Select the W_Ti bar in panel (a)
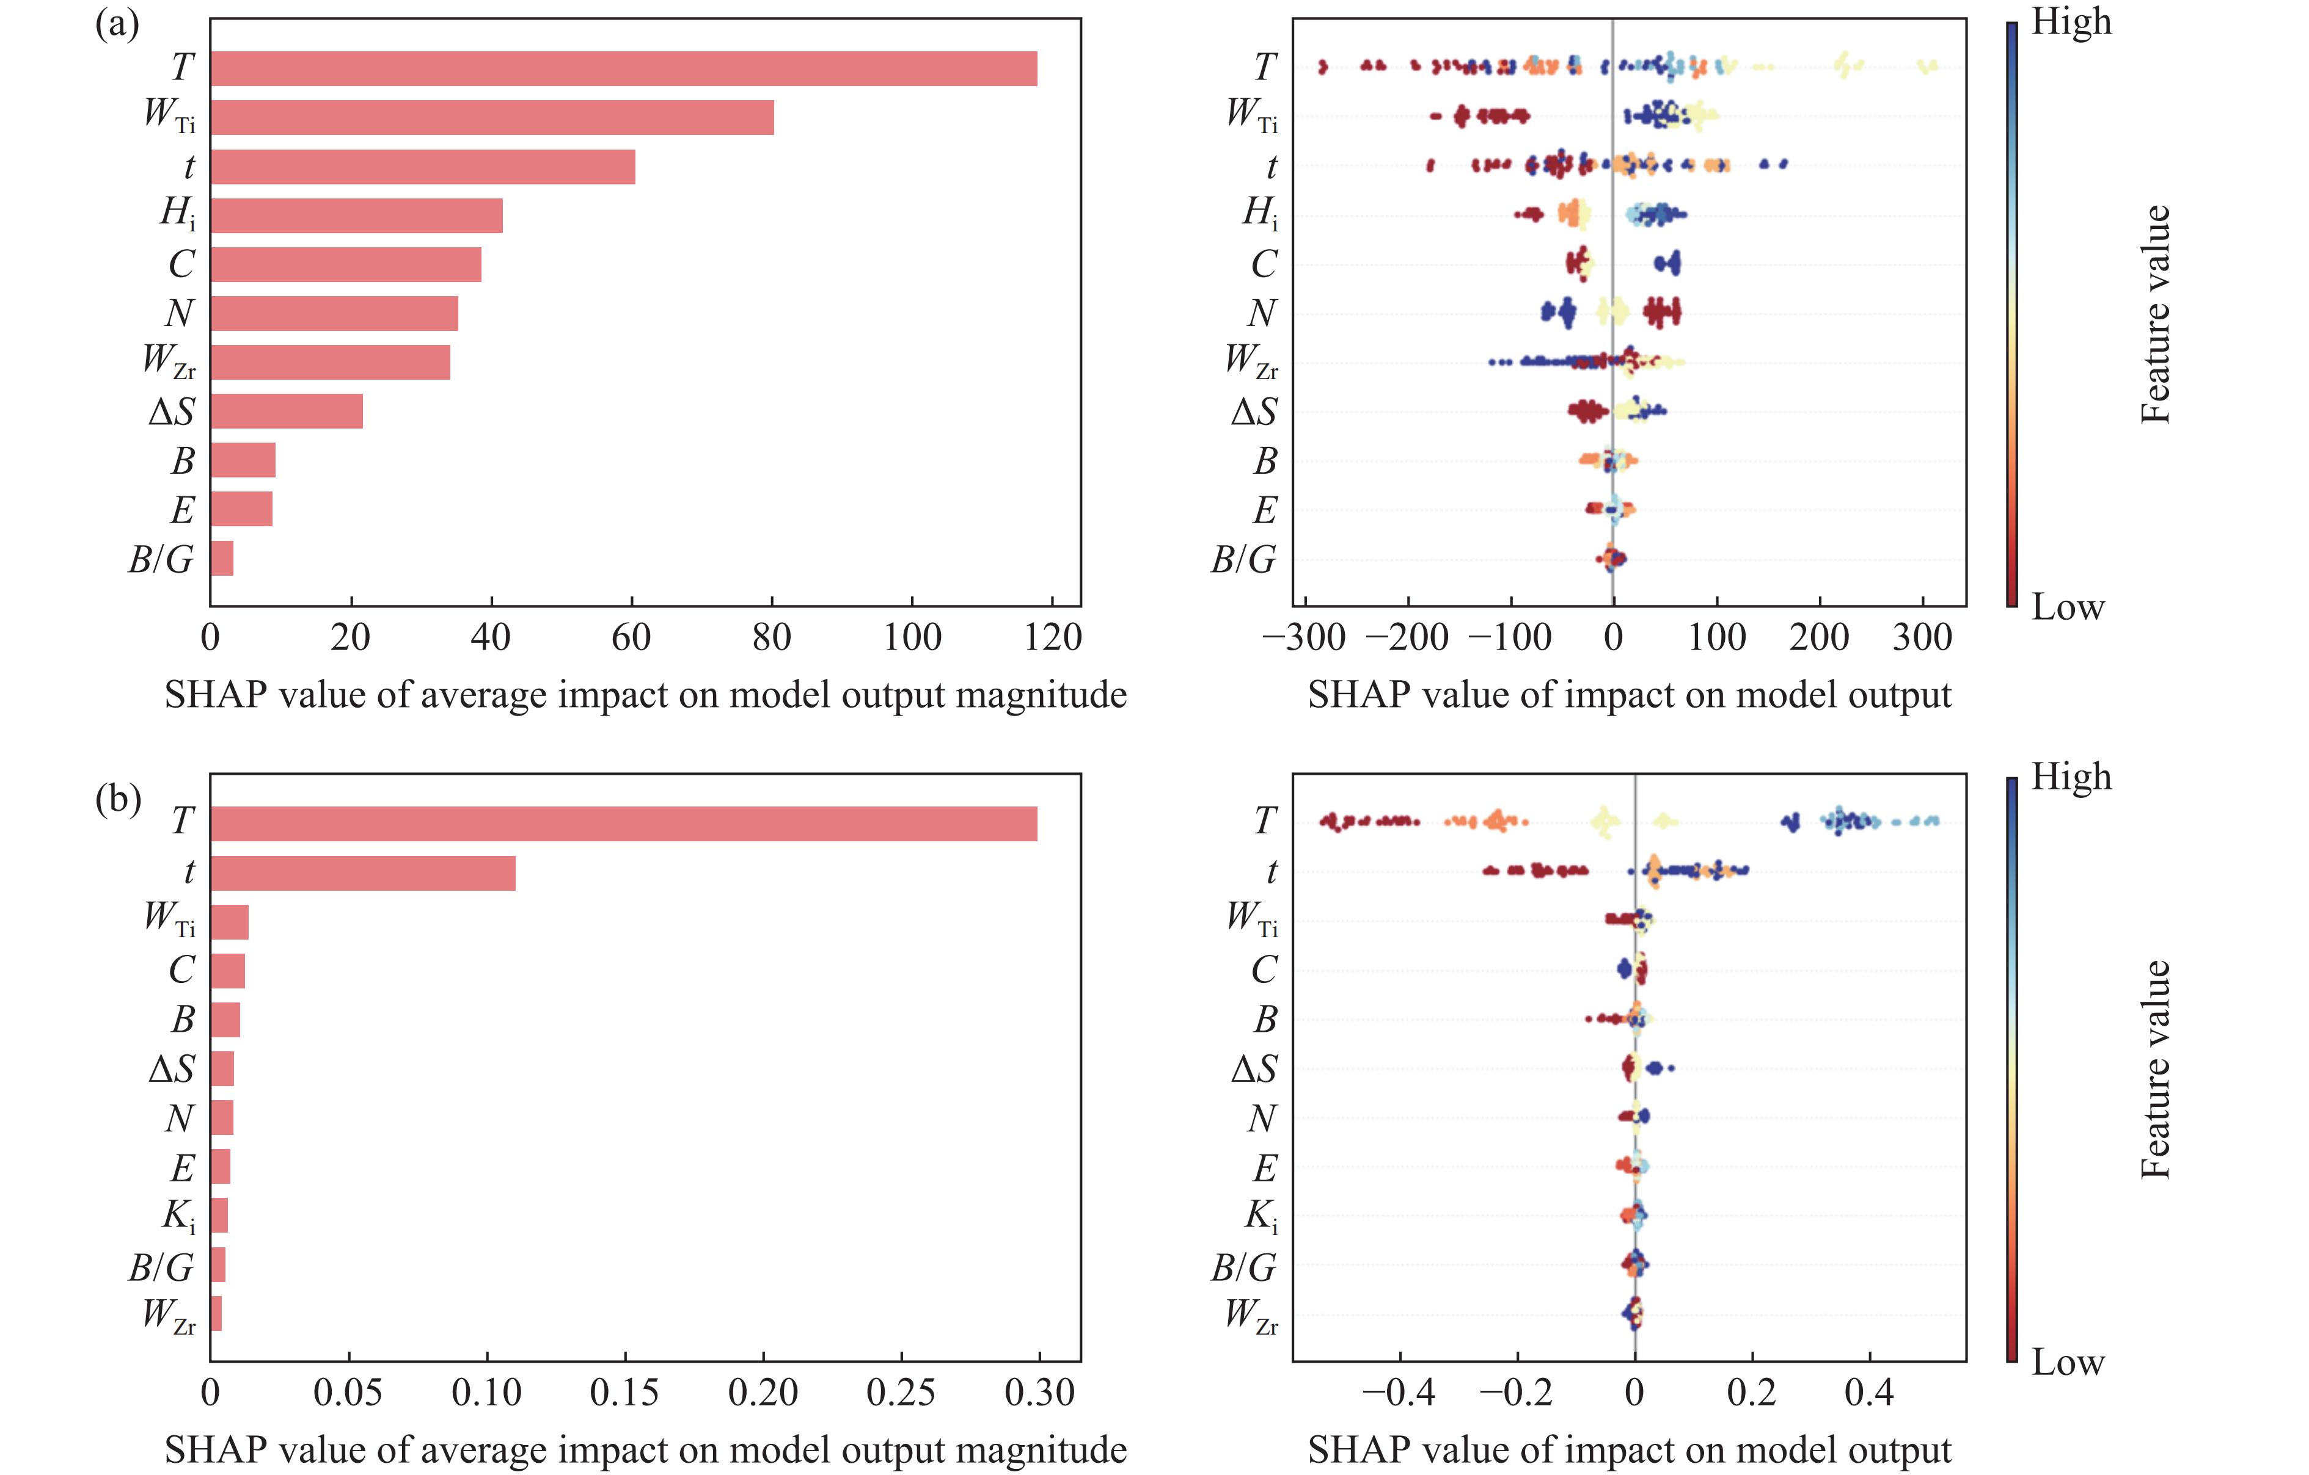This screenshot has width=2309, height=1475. click(x=492, y=118)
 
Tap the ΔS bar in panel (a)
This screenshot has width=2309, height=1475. click(x=287, y=411)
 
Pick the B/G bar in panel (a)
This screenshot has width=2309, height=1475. click(x=222, y=559)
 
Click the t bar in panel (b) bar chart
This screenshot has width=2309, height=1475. click(x=362, y=873)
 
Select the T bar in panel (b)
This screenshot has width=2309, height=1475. click(x=623, y=824)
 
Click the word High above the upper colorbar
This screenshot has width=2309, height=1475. click(x=2071, y=21)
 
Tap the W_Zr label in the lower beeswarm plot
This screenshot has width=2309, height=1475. click(x=1251, y=1315)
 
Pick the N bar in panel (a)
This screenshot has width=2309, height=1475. click(x=334, y=313)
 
